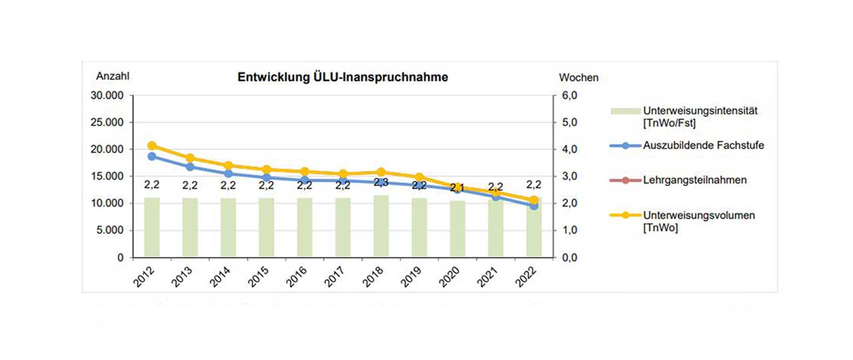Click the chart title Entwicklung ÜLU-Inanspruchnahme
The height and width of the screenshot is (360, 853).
343,77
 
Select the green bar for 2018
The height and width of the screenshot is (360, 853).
381,227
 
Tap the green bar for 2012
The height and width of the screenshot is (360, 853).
152,227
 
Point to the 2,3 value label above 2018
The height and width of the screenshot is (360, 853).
381,182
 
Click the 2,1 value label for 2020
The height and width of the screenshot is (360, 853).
457,187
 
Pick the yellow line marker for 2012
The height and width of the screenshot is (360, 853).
152,145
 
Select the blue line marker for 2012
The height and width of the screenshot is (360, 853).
152,157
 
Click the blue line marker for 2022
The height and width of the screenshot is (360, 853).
534,206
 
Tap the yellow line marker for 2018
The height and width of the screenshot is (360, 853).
381,172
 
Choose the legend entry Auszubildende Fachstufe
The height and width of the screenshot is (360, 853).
704,145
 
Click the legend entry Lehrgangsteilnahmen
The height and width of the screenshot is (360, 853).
694,180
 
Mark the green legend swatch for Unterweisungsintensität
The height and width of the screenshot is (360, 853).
625,109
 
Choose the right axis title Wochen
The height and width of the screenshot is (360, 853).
578,77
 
